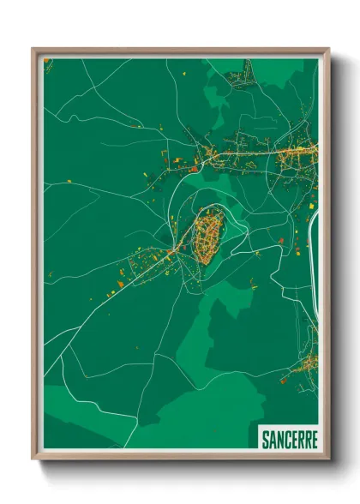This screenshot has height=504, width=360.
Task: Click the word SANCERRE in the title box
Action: click(x=288, y=439)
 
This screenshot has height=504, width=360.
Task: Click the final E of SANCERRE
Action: click(x=314, y=439)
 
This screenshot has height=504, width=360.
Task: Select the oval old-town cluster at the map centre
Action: click(x=207, y=238)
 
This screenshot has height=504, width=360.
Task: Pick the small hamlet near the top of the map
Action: click(x=238, y=80)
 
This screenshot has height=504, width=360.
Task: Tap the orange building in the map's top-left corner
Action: click(x=48, y=62)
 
